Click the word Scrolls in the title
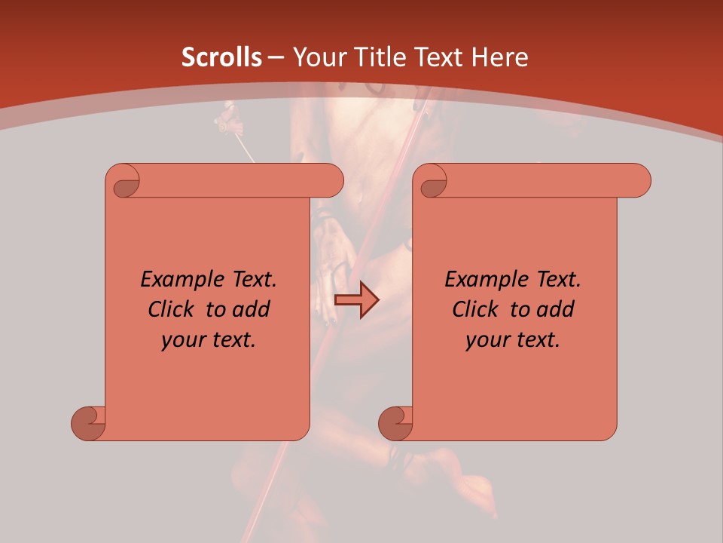click(221, 57)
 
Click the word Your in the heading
click(316, 57)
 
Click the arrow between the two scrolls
click(356, 300)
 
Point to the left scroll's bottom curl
click(88, 423)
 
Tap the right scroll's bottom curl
click(395, 423)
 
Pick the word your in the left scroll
click(182, 340)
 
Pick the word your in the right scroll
click(486, 340)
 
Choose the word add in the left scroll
click(252, 309)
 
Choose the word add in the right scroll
click(556, 309)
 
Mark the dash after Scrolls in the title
click(276, 57)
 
